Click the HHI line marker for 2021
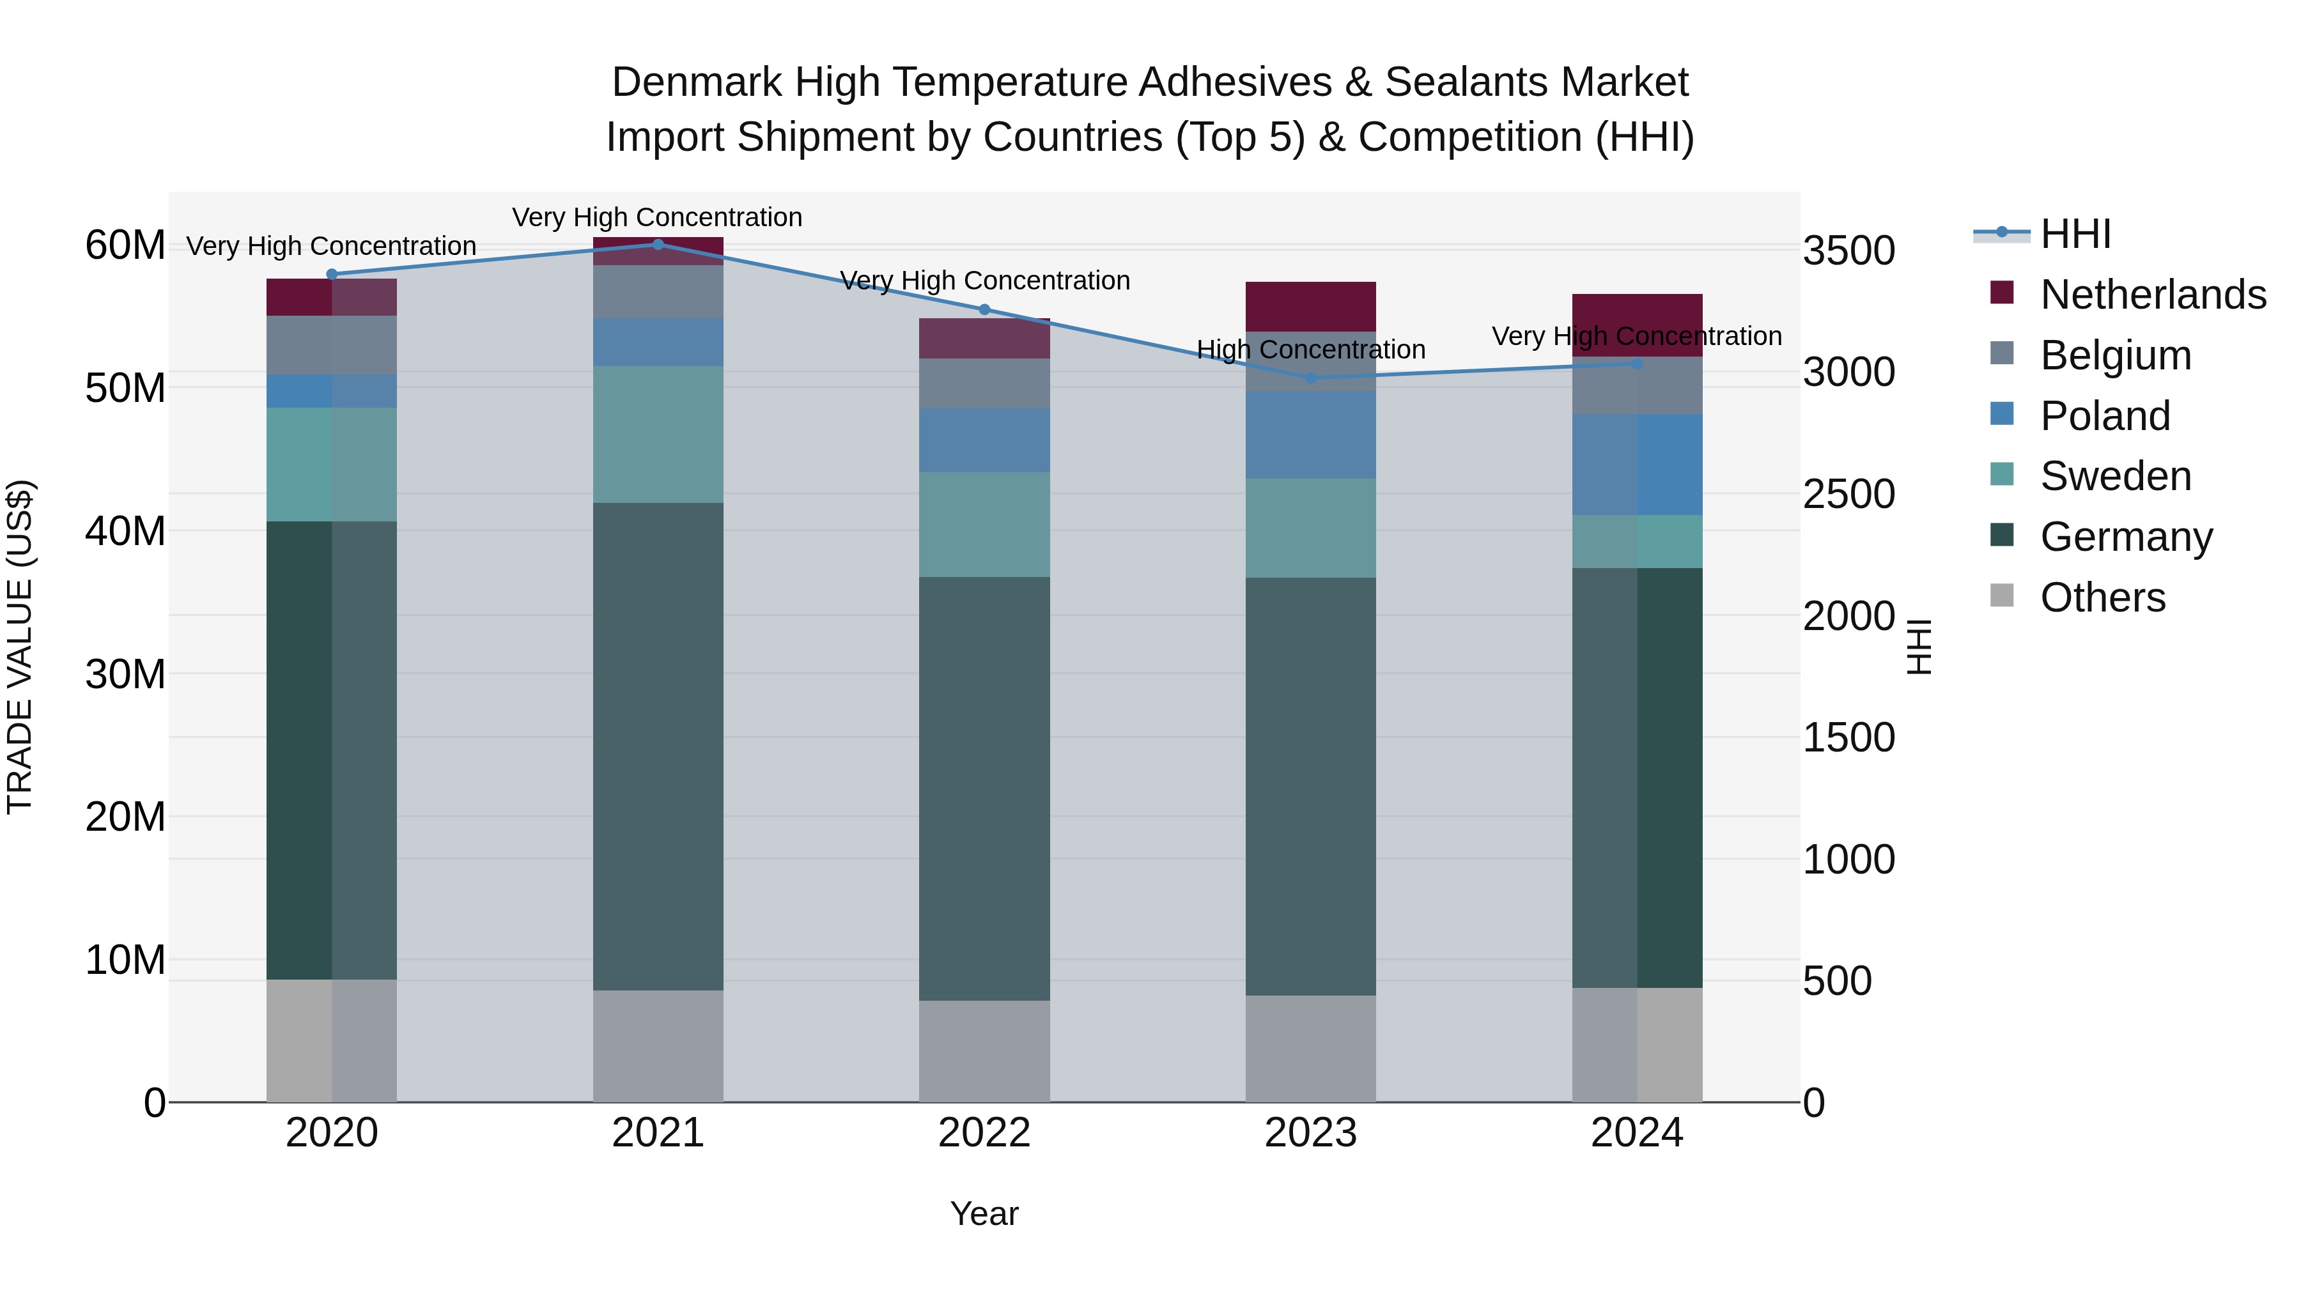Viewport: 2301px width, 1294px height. click(658, 244)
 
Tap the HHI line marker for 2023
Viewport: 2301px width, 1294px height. click(1310, 378)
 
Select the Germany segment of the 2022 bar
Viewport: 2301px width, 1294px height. click(984, 788)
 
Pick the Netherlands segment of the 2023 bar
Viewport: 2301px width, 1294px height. click(1310, 306)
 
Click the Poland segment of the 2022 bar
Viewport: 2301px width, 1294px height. click(984, 440)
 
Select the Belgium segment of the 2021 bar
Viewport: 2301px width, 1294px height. click(658, 291)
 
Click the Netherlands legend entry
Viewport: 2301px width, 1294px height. click(2153, 294)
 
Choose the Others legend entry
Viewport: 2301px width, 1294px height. click(2103, 597)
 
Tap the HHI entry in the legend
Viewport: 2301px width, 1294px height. click(2075, 234)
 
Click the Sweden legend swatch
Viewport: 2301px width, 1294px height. click(2002, 475)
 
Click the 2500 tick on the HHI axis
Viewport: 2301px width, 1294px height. click(1848, 494)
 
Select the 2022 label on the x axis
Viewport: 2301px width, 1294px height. click(984, 1133)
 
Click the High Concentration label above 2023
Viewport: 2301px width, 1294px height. click(1310, 349)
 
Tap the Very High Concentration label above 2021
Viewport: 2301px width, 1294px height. click(658, 217)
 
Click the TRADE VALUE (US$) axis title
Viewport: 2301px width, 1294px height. click(20, 647)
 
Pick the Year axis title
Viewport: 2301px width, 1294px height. click(984, 1213)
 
